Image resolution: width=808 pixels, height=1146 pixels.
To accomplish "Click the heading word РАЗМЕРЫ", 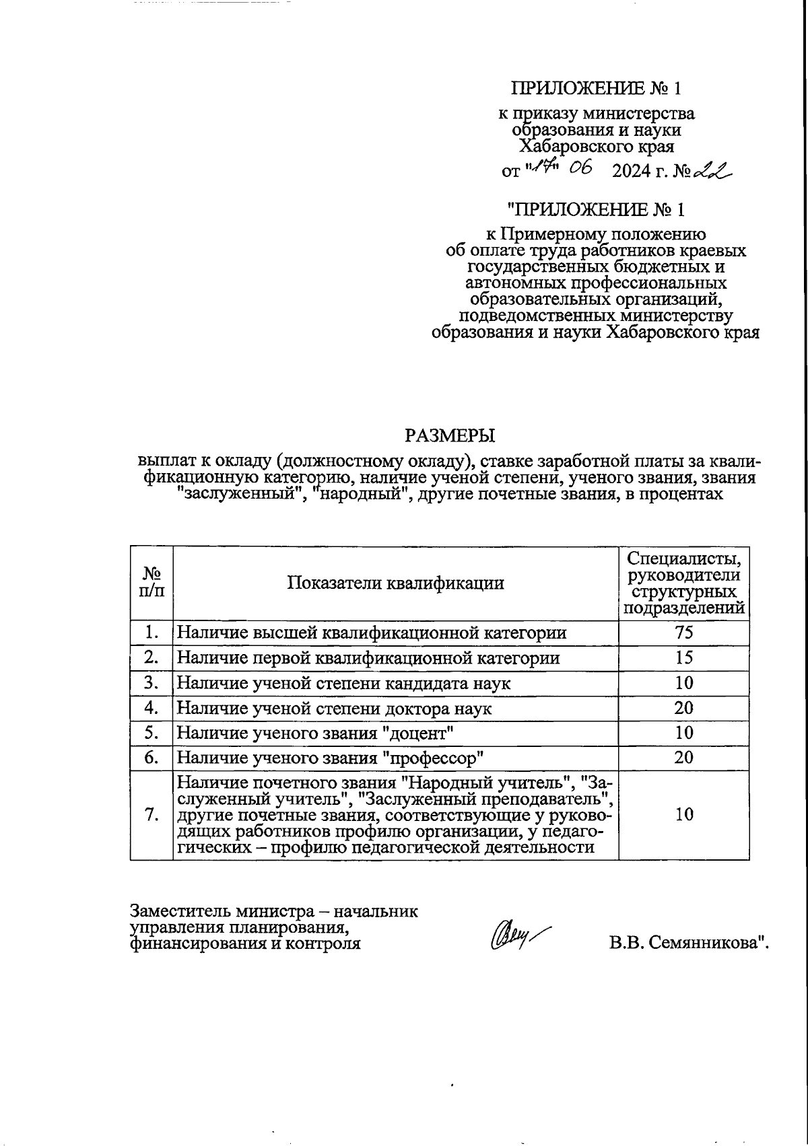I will point(450,435).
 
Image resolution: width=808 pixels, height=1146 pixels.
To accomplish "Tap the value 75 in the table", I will point(684,633).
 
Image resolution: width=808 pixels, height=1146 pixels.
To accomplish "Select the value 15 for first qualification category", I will point(684,657).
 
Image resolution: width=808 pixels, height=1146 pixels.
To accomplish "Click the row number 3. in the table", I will point(151,683).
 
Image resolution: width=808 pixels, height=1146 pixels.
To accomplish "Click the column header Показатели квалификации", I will point(395,583).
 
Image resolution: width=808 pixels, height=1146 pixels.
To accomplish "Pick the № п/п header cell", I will point(151,583).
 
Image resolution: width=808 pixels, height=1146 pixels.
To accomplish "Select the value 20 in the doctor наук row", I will point(684,708).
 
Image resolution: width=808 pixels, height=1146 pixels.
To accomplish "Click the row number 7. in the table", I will point(151,814).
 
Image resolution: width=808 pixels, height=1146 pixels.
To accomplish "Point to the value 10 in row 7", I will point(684,814).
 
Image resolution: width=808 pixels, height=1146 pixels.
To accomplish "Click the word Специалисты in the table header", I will point(684,559).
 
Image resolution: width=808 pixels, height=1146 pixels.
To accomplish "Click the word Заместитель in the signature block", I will point(180,912).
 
